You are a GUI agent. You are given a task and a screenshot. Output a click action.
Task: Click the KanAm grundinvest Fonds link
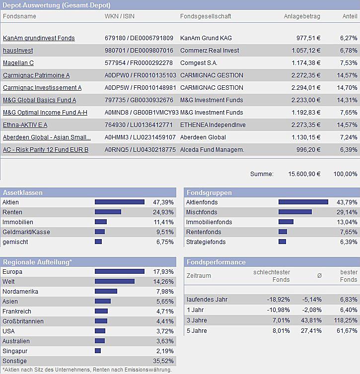(x=39, y=38)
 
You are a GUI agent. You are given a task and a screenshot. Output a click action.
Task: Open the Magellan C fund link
(x=18, y=63)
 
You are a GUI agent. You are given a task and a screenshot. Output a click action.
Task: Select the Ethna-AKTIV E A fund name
(x=25, y=125)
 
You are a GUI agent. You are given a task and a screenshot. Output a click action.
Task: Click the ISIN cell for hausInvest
(x=139, y=51)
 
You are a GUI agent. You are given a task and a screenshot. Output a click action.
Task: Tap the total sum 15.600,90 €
(x=304, y=174)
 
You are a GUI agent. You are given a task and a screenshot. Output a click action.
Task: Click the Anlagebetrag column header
(x=302, y=16)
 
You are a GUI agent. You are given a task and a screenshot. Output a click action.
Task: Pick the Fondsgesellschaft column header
(x=206, y=16)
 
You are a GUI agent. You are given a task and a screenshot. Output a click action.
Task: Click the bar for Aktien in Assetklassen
(x=119, y=202)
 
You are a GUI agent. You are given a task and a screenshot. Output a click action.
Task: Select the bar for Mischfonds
(x=295, y=212)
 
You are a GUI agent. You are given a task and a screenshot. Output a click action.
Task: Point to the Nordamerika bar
(x=106, y=292)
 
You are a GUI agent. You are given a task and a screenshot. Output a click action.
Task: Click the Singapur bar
(x=98, y=351)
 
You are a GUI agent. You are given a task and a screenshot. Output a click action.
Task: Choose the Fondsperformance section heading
(x=216, y=262)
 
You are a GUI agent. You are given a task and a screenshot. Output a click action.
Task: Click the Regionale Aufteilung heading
(x=38, y=262)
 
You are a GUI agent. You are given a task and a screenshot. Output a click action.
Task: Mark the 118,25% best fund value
(x=346, y=320)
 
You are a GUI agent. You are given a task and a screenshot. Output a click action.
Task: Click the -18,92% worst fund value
(x=278, y=300)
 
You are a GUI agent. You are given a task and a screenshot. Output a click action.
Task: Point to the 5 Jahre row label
(x=197, y=331)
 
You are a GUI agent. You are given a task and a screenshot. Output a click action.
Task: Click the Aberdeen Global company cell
(x=203, y=137)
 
